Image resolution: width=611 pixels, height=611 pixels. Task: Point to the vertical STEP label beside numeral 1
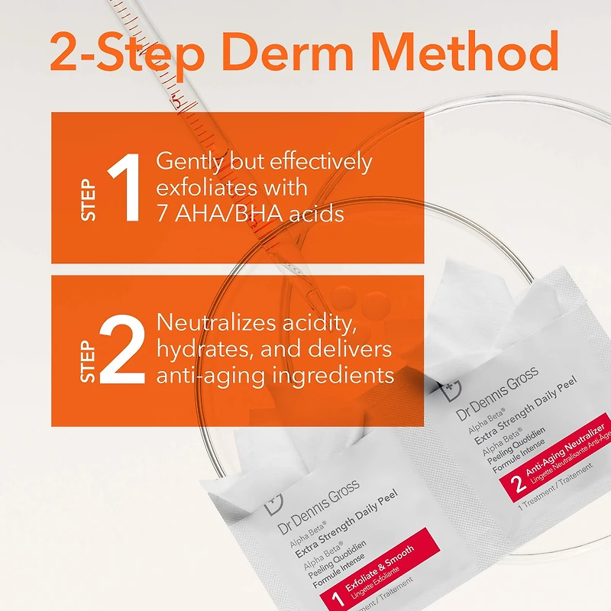pos(89,201)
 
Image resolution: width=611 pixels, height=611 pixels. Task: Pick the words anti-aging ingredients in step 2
pos(275,375)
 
